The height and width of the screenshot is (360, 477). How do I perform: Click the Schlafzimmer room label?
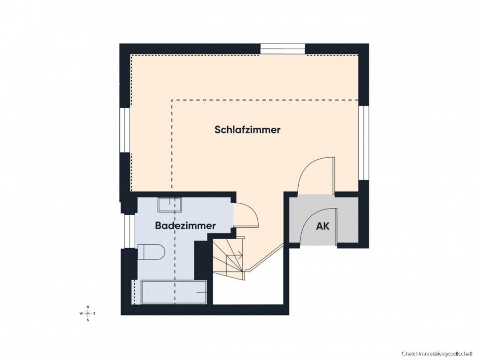[247, 130]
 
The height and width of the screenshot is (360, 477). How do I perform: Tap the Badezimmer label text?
[185, 226]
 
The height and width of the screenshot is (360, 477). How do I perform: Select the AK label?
[323, 226]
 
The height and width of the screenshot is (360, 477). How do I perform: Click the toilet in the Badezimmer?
[151, 252]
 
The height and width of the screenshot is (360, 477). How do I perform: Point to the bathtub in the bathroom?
[174, 293]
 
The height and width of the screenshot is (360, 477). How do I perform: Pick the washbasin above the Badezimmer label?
[170, 204]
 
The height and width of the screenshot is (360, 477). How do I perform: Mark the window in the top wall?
[282, 49]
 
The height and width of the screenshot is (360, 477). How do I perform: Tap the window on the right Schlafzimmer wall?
[363, 143]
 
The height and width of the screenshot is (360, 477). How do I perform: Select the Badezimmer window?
[126, 231]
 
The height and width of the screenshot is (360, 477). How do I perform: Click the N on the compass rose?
[88, 307]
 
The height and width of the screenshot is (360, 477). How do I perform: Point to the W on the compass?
[81, 314]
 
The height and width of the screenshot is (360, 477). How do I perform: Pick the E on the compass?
[95, 314]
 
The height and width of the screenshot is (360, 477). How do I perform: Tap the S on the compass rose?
[88, 320]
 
